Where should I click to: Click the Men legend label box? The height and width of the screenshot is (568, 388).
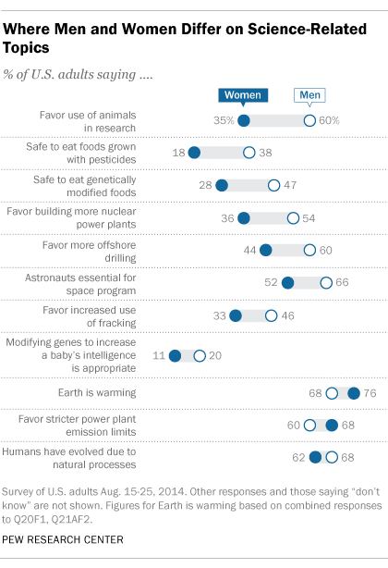coord(309,95)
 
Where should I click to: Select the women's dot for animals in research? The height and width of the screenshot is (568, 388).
coord(243,120)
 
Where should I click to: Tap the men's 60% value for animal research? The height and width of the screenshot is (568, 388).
coord(330,120)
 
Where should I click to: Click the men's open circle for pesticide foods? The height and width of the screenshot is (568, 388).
coord(248,154)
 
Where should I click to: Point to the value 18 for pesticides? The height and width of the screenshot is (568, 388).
coord(177,154)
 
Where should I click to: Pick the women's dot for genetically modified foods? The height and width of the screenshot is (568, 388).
coord(221,186)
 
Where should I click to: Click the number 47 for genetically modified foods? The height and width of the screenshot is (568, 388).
coord(290,186)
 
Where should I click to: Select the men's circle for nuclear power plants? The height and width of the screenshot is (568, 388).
coord(293,218)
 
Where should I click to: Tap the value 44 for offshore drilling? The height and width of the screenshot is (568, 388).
coord(249,251)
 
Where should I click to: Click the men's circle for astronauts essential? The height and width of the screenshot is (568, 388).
coord(326,283)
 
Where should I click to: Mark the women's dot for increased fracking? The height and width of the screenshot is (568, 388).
coord(235,315)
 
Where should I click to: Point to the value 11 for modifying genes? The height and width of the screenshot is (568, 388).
coord(158,355)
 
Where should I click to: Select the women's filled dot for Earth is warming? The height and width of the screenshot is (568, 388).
coord(353,393)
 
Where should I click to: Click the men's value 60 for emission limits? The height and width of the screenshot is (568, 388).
coord(296,425)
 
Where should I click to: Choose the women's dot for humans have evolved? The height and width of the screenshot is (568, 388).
coord(315,456)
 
